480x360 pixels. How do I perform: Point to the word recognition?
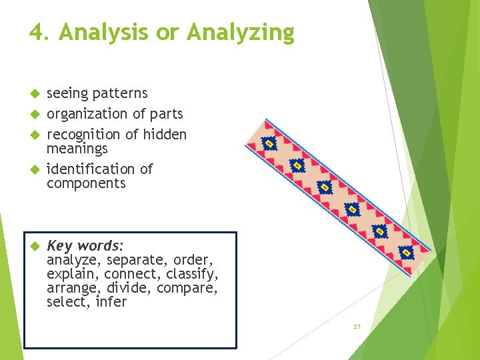point(84,135)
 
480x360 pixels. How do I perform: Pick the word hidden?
point(165,134)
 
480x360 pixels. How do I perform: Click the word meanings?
point(77,148)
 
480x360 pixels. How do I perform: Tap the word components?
point(86,183)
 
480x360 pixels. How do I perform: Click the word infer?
point(111,302)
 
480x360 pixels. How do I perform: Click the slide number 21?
point(357,327)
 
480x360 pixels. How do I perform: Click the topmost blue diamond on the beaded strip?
point(269,144)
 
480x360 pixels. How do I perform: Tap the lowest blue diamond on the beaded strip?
point(406,252)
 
